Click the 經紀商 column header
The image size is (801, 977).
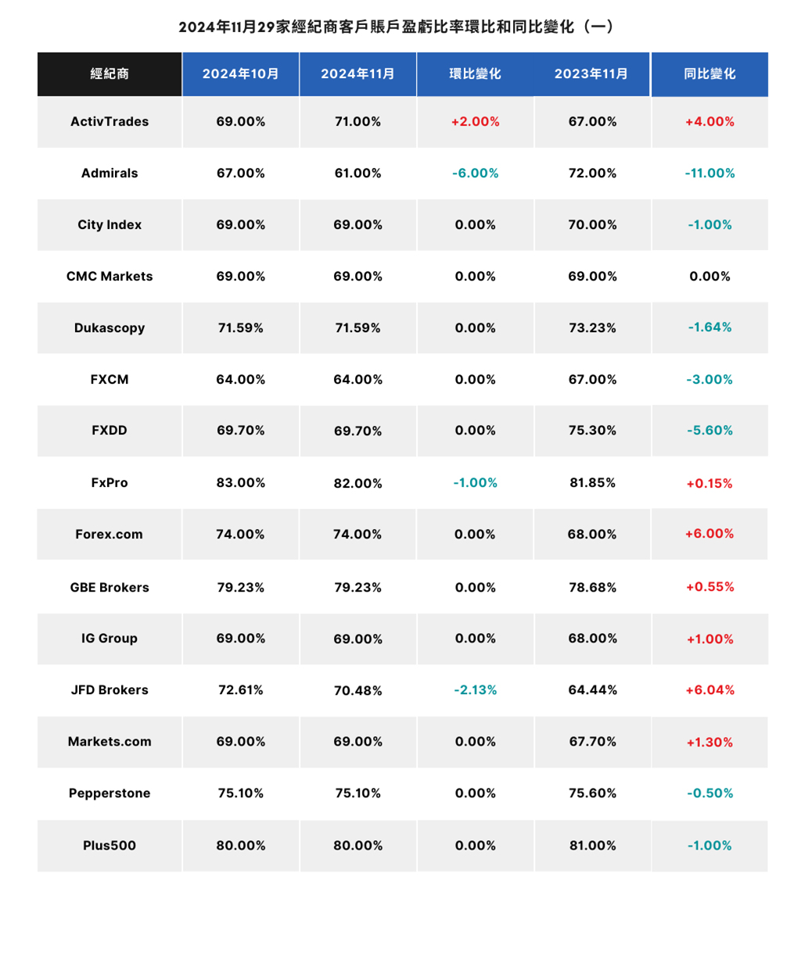point(110,73)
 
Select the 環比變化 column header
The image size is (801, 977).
point(475,73)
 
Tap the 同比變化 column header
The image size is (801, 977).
point(709,73)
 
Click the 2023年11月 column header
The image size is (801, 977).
point(591,73)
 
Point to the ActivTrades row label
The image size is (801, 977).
point(110,121)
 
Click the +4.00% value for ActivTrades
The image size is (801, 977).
point(709,121)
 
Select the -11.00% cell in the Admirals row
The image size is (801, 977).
point(709,174)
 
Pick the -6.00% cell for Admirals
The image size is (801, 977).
point(475,174)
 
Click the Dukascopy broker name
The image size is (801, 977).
point(110,328)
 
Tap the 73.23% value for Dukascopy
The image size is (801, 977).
point(592,328)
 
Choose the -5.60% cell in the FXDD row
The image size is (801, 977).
point(709,431)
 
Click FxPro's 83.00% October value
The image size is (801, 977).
point(241,483)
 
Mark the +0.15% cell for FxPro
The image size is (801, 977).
point(709,483)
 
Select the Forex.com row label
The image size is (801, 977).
point(109,534)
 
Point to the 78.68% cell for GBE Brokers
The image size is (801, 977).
point(592,588)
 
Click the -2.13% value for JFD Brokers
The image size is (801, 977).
point(475,690)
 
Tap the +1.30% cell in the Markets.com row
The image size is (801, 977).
point(709,743)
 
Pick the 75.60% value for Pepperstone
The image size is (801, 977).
point(592,793)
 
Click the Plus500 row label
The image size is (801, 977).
point(110,846)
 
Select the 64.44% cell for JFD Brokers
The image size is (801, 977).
point(592,690)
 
